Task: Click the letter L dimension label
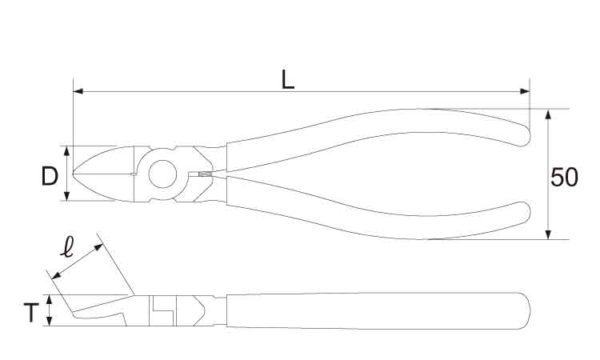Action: [288, 79]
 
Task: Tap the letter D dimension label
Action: [50, 177]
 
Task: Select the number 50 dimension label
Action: [564, 178]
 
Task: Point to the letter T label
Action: [31, 313]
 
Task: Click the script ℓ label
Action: [67, 246]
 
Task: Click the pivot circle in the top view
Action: [162, 174]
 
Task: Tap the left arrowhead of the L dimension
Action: [78, 91]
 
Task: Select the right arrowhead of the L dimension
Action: [525, 91]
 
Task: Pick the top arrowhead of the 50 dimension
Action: [548, 114]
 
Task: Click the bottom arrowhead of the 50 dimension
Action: [548, 234]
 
